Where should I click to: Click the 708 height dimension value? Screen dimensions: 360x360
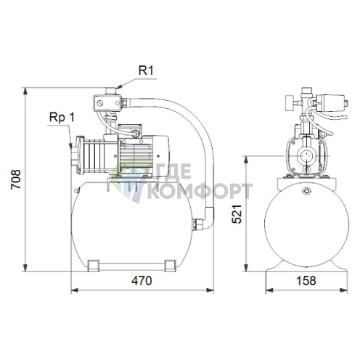coord(16,179)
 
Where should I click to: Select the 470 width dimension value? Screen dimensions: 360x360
coord(142,281)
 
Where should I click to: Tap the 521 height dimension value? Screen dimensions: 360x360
coord(237,214)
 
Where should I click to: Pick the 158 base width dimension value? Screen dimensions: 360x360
coord(306,281)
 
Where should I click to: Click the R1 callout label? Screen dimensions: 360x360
coord(146,70)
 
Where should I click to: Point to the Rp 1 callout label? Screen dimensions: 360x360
coord(62,118)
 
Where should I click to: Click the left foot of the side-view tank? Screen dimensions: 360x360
coord(93,266)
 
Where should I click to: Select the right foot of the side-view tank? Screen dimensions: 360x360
coord(170,266)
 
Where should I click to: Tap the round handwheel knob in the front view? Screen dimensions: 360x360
coord(290,103)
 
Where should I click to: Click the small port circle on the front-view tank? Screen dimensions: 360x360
coord(306,191)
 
